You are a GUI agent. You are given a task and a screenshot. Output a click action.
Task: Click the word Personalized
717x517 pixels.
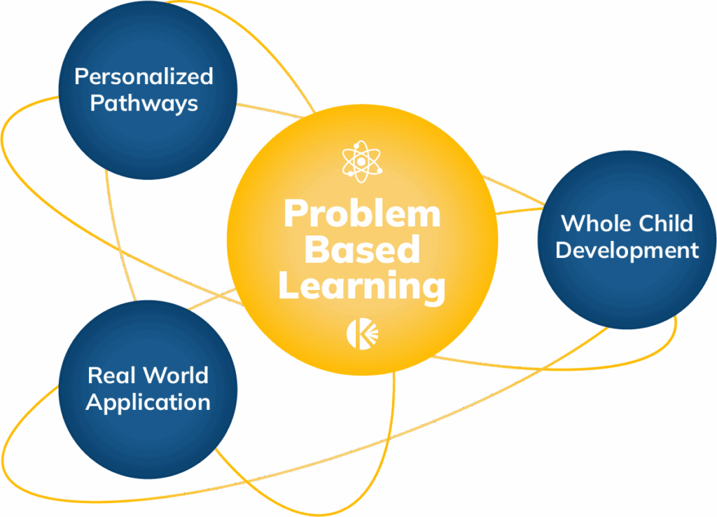coord(144,76)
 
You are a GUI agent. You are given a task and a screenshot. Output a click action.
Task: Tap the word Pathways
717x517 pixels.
coord(144,104)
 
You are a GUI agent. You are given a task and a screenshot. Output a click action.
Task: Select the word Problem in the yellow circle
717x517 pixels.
coord(362,213)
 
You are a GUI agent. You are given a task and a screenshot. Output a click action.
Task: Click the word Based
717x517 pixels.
coord(362,249)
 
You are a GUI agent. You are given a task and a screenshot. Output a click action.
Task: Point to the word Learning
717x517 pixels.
coord(362,287)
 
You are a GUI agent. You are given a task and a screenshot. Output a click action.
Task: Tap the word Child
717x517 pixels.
coord(667,223)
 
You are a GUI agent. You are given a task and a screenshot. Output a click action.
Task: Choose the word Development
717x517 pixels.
coord(627,251)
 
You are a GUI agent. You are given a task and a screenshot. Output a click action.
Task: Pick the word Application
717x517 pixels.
coord(148,403)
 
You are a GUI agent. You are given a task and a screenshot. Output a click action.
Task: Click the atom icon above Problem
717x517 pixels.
coord(362,162)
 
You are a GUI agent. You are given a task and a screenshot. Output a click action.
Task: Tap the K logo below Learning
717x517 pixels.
coord(362,334)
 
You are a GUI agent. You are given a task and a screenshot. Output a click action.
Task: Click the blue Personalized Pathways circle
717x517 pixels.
coord(148,90)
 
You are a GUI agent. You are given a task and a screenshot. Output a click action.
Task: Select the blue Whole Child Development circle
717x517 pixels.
coord(627,240)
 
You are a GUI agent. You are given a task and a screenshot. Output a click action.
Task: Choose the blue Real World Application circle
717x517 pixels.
coord(148,390)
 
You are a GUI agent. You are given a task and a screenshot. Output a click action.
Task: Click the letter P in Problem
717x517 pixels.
coord(295,213)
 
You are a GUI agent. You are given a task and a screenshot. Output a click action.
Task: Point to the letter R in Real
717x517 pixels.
coord(95,375)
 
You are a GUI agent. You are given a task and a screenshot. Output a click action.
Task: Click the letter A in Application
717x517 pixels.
coord(95,402)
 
